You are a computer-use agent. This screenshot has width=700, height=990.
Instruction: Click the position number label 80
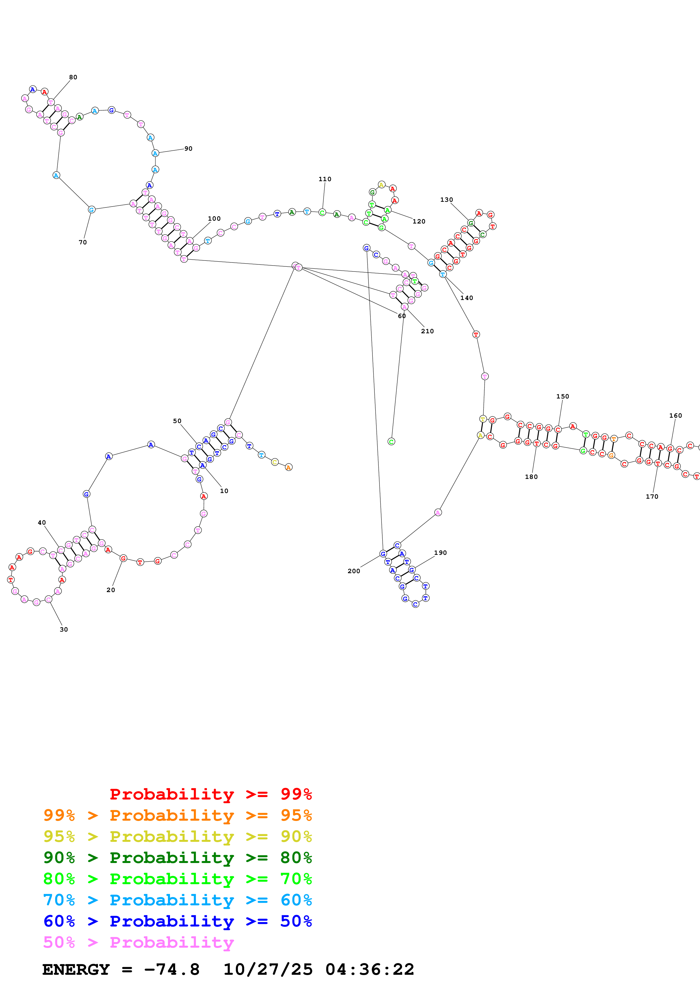(x=73, y=77)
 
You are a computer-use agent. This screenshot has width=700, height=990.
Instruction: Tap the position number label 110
(x=325, y=179)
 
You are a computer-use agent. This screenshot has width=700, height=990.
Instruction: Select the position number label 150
(x=562, y=396)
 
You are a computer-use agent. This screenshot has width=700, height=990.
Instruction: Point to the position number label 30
(x=64, y=630)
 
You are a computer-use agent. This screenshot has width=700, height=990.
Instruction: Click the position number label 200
(x=354, y=571)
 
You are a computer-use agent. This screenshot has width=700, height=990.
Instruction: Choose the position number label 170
(x=652, y=496)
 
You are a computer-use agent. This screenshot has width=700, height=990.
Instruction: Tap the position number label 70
(x=83, y=242)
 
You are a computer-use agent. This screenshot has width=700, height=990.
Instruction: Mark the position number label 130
(x=446, y=200)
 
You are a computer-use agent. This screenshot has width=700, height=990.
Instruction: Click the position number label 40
(x=42, y=523)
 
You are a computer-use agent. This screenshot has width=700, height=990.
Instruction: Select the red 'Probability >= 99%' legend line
(x=210, y=794)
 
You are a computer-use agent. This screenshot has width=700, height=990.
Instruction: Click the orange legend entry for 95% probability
(x=178, y=815)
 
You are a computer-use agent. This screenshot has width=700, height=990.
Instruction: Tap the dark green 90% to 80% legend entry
(x=178, y=858)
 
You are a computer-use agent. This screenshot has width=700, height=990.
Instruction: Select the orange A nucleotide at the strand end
(x=289, y=467)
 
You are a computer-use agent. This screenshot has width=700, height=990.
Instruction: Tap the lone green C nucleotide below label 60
(x=391, y=442)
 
